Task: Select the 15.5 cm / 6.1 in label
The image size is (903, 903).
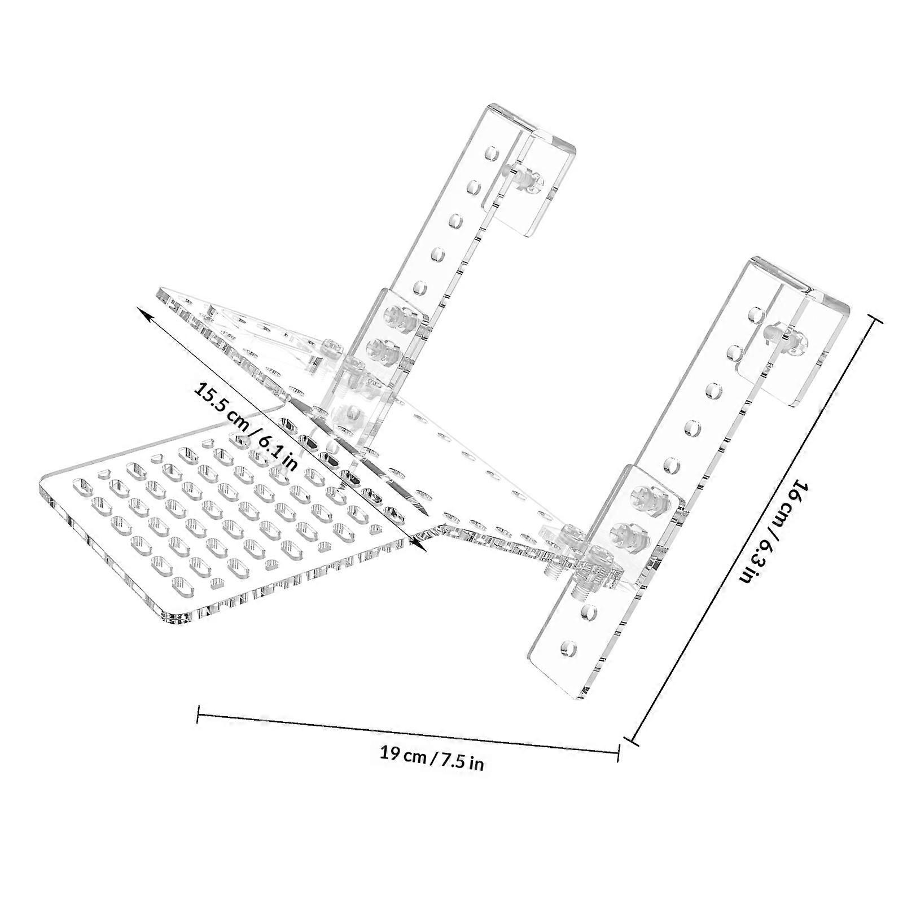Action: click(246, 426)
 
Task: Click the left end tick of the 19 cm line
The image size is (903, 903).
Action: click(198, 713)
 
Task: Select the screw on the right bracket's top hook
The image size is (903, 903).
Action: click(784, 339)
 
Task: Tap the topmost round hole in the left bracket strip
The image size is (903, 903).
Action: click(493, 153)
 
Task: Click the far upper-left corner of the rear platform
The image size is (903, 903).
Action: click(161, 291)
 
